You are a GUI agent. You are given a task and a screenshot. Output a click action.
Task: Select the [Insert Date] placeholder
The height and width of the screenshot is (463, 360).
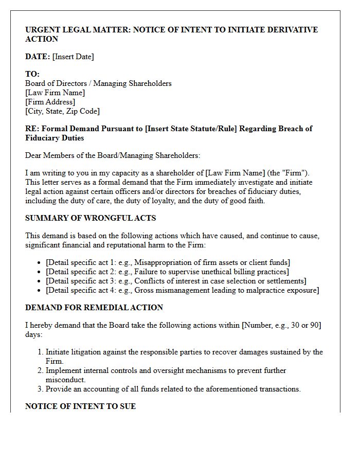pyautogui.click(x=73, y=57)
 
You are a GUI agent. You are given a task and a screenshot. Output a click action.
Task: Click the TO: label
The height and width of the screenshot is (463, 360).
pyautogui.click(x=32, y=74)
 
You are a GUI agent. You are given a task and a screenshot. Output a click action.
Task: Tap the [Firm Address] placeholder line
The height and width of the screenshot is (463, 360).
pyautogui.click(x=50, y=102)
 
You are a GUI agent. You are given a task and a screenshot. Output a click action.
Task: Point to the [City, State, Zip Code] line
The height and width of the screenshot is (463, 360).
pyautogui.click(x=62, y=111)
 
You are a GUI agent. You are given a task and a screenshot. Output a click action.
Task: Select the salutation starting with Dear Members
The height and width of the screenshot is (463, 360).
pyautogui.click(x=113, y=155)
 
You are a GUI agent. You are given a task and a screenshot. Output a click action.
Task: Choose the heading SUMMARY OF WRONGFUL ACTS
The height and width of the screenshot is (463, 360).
pyautogui.click(x=91, y=218)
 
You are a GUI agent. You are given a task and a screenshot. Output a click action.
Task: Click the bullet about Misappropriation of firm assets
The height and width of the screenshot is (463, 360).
pyautogui.click(x=168, y=262)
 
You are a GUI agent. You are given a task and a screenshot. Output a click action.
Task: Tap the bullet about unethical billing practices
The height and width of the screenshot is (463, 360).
pyautogui.click(x=167, y=272)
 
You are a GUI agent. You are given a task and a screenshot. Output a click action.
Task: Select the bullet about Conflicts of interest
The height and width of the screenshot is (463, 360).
pyautogui.click(x=176, y=281)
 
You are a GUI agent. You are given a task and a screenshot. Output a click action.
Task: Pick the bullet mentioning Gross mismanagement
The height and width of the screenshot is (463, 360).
pyautogui.click(x=182, y=290)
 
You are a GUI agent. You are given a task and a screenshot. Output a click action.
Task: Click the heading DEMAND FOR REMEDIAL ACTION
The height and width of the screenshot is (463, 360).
pyautogui.click(x=94, y=308)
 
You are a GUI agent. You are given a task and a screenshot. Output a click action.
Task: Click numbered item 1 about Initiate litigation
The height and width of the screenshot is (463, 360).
pyautogui.click(x=184, y=352)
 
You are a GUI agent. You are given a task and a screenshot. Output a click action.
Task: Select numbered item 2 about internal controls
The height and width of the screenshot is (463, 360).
pyautogui.click(x=166, y=370)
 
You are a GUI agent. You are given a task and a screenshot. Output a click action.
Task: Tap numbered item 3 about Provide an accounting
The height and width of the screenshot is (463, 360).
pyautogui.click(x=173, y=389)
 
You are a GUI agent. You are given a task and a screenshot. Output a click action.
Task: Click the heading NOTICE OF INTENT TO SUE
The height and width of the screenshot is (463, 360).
pyautogui.click(x=81, y=406)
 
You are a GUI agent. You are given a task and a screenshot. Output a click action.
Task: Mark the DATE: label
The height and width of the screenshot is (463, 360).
pyautogui.click(x=38, y=57)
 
